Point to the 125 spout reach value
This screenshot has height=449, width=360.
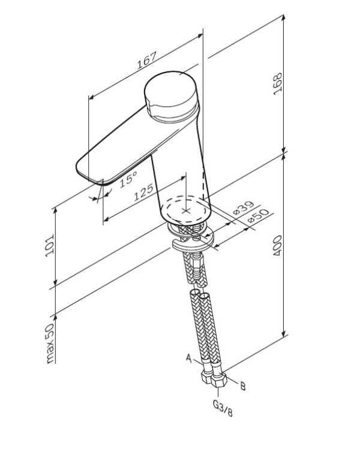(142, 192)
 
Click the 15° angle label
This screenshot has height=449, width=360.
(128, 179)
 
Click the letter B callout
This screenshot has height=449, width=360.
(242, 386)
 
